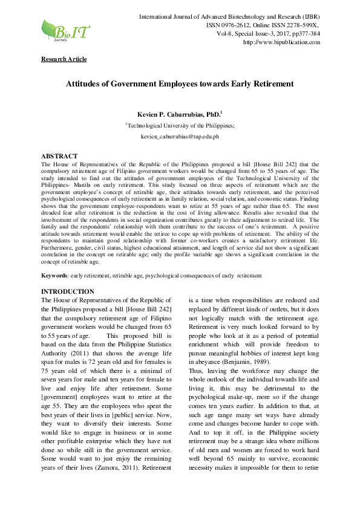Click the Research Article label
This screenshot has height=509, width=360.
(x=64, y=59)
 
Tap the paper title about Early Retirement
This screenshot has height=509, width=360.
(x=179, y=84)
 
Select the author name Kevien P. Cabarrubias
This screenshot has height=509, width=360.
(x=178, y=114)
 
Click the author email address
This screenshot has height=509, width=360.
(x=179, y=137)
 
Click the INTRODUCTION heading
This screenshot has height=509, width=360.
(x=67, y=291)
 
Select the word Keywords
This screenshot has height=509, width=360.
(x=54, y=276)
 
